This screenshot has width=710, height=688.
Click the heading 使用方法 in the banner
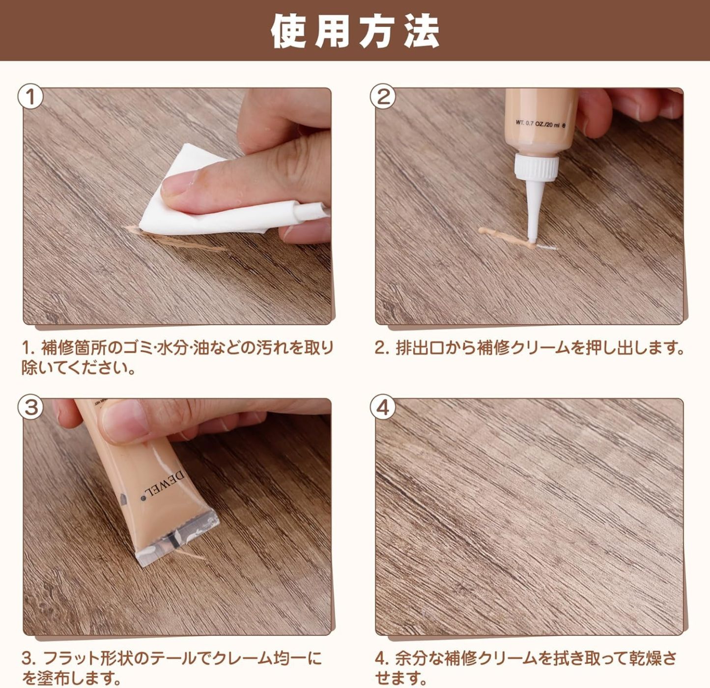(355, 31)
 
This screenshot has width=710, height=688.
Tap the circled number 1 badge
(30, 97)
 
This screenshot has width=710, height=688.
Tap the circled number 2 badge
(383, 97)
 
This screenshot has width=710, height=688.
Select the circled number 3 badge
(30, 407)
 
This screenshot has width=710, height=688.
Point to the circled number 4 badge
(383, 408)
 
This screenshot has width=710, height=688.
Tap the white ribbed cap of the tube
(537, 166)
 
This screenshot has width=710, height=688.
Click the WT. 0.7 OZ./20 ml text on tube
(540, 124)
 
